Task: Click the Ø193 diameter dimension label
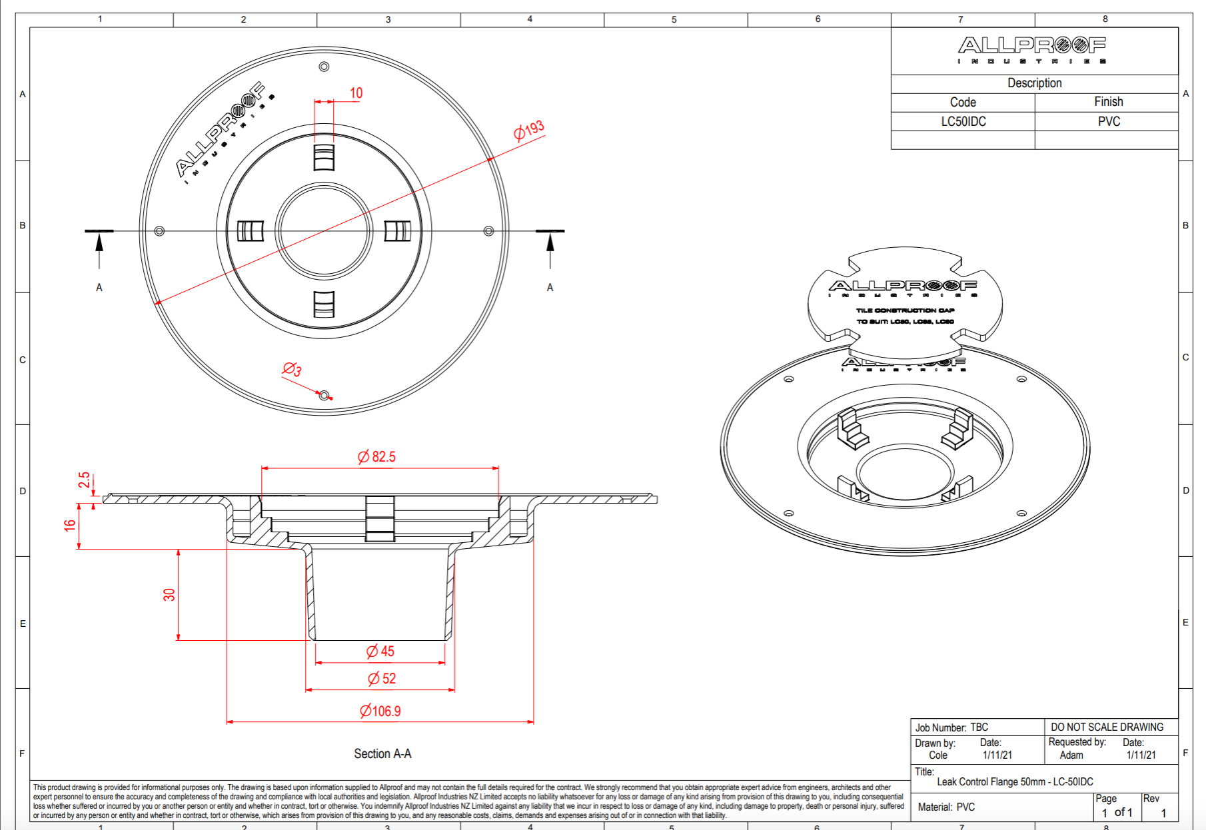coord(529,130)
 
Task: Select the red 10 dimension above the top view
coord(356,93)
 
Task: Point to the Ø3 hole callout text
coord(292,369)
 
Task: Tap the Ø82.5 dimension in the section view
coord(376,457)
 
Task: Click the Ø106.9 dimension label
coord(380,711)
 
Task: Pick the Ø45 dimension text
coord(380,651)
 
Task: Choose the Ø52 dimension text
coord(382,679)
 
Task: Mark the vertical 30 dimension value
coord(169,594)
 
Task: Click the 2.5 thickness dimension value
coord(84,480)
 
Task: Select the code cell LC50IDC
coord(963,122)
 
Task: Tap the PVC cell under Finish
coord(1109,122)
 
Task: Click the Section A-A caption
coord(382,754)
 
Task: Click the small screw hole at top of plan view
coord(324,67)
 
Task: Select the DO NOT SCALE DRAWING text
coord(1107,727)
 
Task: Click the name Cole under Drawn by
coord(937,755)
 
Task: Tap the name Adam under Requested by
coord(1071,755)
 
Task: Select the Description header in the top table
coord(1034,83)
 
